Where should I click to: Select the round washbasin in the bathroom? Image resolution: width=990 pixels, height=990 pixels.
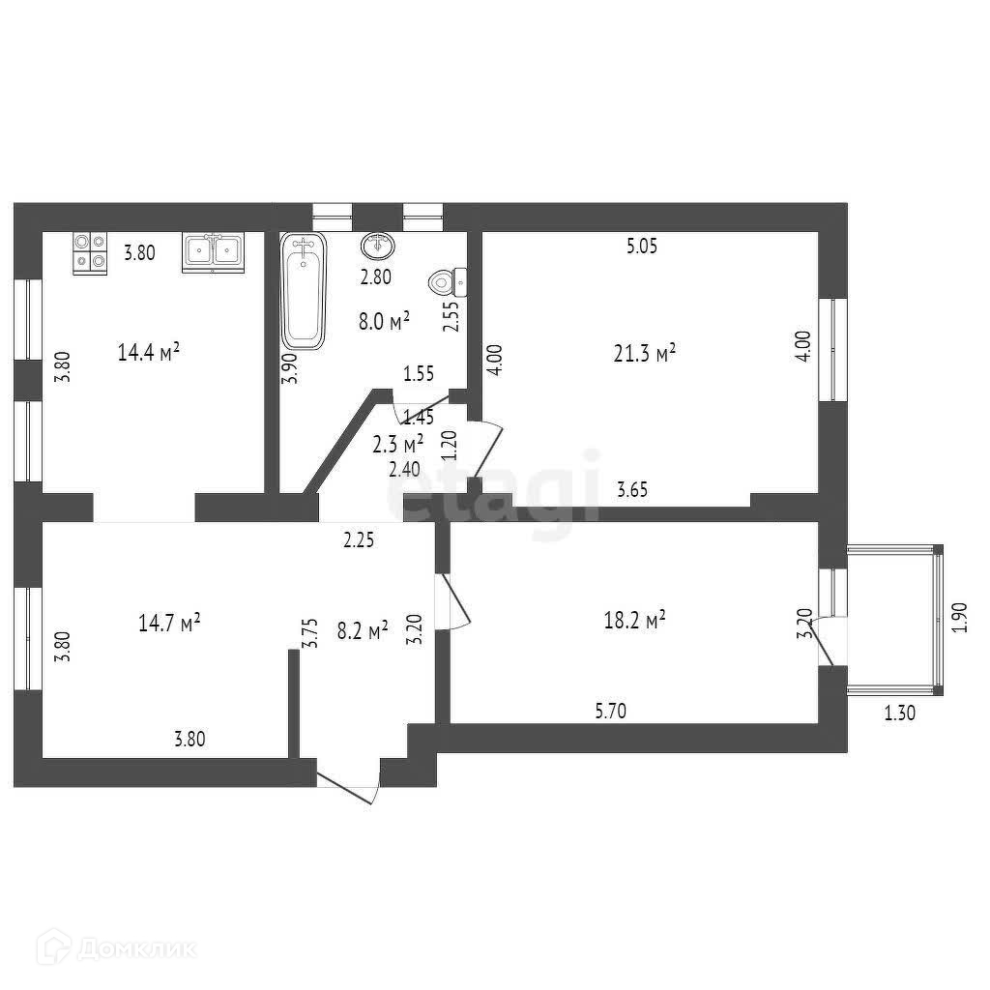378,247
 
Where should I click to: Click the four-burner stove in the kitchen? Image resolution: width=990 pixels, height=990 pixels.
90,253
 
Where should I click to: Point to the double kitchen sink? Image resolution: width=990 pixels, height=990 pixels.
213,252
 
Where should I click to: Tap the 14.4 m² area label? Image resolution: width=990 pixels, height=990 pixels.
149,352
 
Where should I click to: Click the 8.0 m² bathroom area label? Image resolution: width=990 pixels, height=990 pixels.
384,321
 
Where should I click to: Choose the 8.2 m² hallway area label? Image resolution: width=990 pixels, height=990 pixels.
363,630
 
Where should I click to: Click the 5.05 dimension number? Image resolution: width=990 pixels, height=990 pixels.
641,247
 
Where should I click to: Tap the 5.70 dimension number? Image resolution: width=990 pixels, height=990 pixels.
611,713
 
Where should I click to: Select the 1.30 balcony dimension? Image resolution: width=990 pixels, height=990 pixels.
899,713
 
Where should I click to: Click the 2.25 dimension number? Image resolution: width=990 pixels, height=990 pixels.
359,540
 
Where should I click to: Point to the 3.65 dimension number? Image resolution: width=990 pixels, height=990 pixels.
632,490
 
